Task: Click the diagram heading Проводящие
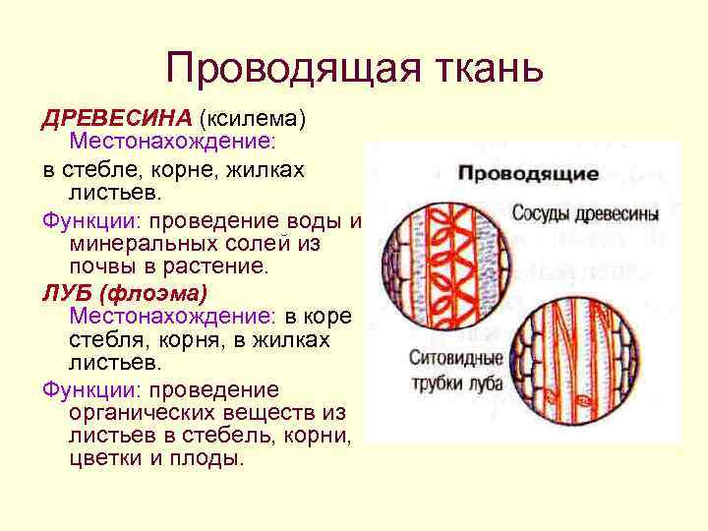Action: [x=528, y=174]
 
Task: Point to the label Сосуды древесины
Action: [x=584, y=211]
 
